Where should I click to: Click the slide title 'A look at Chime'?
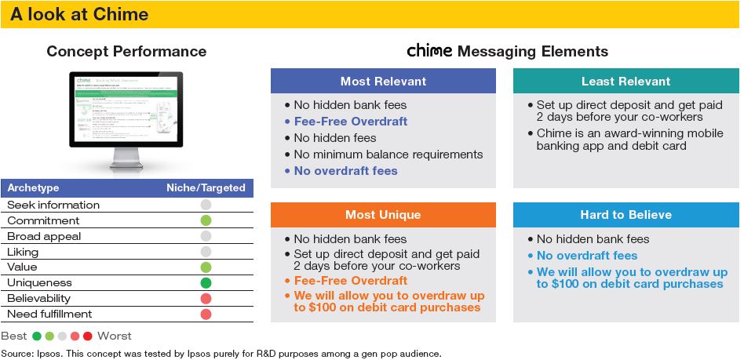click(x=79, y=15)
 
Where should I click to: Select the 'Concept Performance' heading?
click(x=126, y=52)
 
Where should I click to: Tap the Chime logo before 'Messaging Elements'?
click(x=429, y=51)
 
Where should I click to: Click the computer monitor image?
click(x=126, y=118)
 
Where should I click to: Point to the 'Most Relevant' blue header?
click(x=383, y=81)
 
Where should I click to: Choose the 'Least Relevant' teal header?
click(x=625, y=81)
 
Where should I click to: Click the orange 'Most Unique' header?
click(x=383, y=215)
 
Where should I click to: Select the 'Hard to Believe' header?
click(x=625, y=215)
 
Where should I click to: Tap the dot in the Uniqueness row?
click(x=206, y=282)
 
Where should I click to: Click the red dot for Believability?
click(x=206, y=298)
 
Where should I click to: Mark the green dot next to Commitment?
click(x=206, y=220)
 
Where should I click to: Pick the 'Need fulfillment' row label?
click(x=49, y=314)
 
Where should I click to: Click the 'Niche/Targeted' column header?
click(x=206, y=188)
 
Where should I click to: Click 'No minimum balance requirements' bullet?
click(x=388, y=155)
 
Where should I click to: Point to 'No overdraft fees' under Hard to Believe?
click(x=586, y=256)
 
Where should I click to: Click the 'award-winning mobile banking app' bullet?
click(x=629, y=140)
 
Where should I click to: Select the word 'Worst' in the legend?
click(x=115, y=336)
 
